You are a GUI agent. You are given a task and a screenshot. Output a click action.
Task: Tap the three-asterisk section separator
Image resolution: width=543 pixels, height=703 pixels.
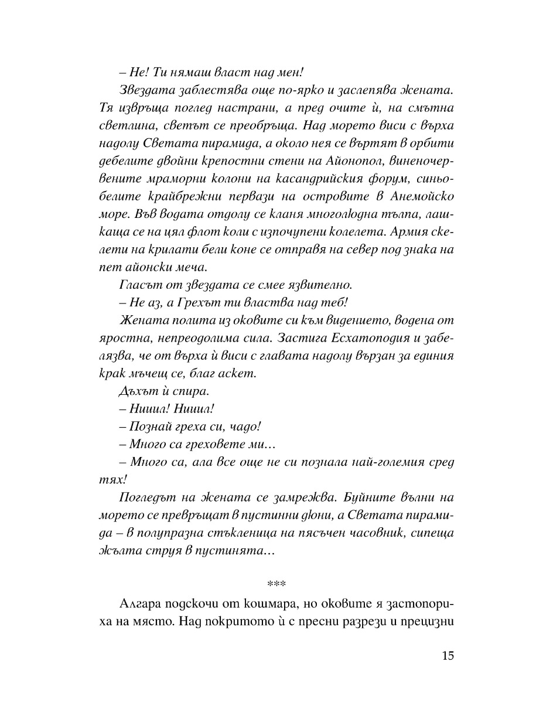point(274,585)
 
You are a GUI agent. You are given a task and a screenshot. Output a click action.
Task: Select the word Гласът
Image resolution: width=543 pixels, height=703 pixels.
point(139,285)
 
